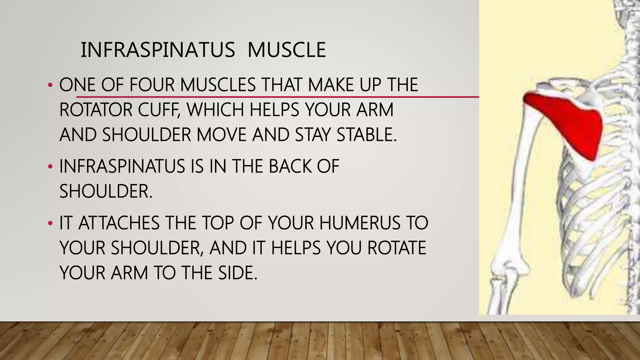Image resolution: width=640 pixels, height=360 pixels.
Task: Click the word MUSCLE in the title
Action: click(x=287, y=50)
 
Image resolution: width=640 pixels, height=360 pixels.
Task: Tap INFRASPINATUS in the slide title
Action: click(x=158, y=50)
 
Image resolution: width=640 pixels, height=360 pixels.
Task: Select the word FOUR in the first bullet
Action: click(x=152, y=85)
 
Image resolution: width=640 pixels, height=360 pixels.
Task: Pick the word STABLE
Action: click(x=366, y=135)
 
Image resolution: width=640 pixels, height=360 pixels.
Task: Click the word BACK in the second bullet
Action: click(x=290, y=166)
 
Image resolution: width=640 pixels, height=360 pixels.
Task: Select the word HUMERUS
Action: click(x=360, y=223)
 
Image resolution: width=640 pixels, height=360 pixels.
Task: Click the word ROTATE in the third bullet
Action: click(x=397, y=248)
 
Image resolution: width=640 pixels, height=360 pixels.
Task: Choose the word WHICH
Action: click(x=215, y=110)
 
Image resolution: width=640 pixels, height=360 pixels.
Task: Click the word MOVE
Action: click(x=222, y=135)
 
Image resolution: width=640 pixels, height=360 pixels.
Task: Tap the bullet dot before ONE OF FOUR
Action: click(x=50, y=85)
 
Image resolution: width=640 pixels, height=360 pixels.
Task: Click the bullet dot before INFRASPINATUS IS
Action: click(x=50, y=167)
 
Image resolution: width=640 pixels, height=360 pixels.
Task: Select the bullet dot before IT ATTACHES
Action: click(x=50, y=223)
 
